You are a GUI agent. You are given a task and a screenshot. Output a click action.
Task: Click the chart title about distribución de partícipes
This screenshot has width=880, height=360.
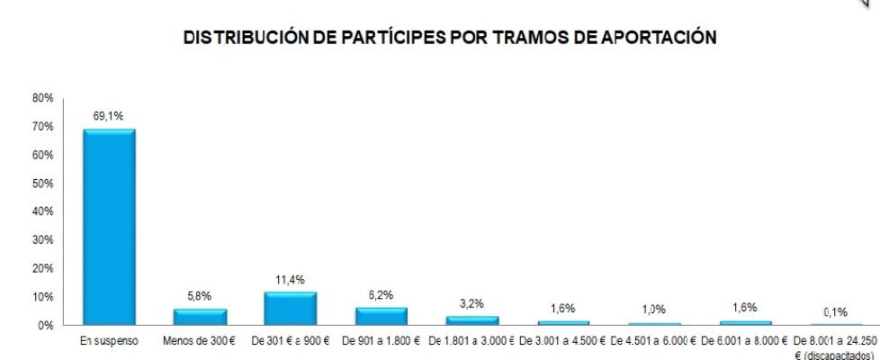tap(450, 38)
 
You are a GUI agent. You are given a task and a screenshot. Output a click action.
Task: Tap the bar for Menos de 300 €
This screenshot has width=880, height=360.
tap(200, 316)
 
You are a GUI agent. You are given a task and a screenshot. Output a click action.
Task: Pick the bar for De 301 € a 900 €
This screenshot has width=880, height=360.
tap(291, 308)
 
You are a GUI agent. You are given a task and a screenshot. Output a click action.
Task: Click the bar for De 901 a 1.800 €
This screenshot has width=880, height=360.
tap(382, 315)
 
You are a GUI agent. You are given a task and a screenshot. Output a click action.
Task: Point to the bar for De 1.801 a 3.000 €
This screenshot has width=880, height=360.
tap(472, 319)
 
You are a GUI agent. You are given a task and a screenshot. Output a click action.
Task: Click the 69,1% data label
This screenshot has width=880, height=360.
tap(109, 116)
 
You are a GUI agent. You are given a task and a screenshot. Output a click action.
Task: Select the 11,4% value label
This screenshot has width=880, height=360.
tap(291, 279)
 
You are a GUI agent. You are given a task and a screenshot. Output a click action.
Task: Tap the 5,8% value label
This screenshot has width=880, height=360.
tap(200, 295)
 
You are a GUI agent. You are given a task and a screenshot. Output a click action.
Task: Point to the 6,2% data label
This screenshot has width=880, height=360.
tap(382, 294)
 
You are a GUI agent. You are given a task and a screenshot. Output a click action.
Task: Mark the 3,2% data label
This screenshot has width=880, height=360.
tap(472, 303)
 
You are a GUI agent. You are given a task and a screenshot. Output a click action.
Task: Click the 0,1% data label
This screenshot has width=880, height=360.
tap(835, 311)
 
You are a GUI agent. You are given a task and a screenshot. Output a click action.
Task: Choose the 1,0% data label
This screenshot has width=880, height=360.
tap(653, 310)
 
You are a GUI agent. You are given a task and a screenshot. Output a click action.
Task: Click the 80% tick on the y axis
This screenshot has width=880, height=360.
tap(42, 97)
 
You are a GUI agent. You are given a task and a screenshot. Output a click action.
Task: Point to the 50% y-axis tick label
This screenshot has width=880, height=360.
tap(42, 183)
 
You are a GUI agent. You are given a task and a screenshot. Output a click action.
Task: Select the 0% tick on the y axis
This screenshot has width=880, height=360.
tap(45, 325)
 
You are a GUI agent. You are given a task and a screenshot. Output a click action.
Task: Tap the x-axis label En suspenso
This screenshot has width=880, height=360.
tap(109, 341)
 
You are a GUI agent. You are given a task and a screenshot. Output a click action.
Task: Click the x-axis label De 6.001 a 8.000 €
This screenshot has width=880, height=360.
tap(744, 341)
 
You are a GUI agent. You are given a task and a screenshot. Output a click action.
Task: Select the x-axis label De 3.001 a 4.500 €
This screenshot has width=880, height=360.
tap(562, 341)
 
